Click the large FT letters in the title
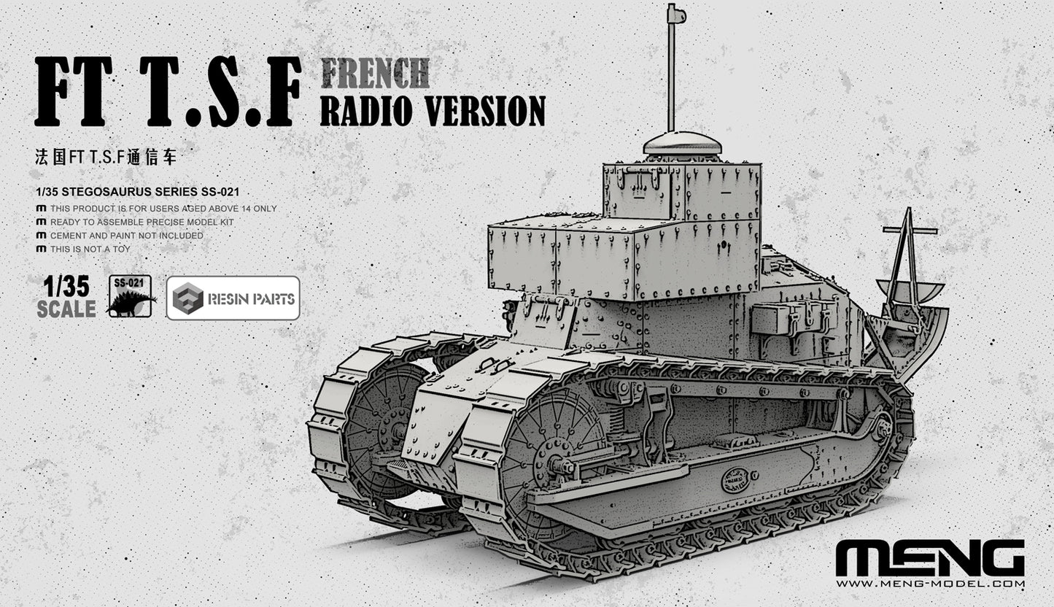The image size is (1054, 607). [x=73, y=93]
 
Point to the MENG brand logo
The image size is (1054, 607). [x=930, y=559]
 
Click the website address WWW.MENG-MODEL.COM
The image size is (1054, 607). [x=930, y=584]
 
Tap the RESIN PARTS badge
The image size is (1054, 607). [x=233, y=298]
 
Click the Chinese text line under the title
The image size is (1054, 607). [x=106, y=156]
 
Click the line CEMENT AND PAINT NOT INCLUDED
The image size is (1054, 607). [x=120, y=236]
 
